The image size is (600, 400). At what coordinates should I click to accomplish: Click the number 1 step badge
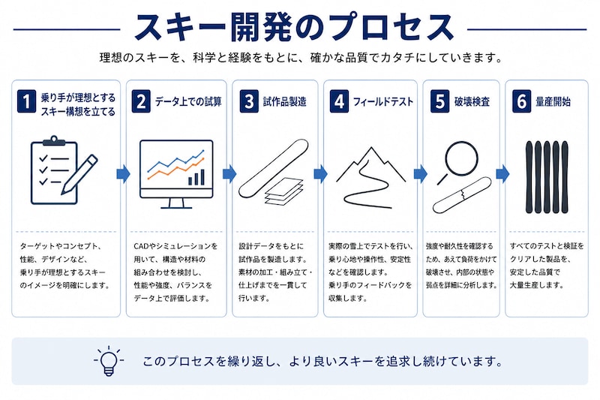click(26, 101)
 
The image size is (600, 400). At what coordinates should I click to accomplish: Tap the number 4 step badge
click(340, 101)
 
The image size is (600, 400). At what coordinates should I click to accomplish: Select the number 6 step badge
click(522, 101)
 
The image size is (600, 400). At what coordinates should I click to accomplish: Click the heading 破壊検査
click(472, 102)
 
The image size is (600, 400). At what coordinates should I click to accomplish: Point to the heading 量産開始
click(553, 102)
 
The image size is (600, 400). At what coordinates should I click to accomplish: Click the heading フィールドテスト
click(383, 102)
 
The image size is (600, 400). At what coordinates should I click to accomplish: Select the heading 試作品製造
click(285, 102)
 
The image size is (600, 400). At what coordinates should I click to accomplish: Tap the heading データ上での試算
click(188, 102)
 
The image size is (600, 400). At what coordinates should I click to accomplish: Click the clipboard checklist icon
click(54, 170)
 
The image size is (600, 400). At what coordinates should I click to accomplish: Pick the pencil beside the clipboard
click(79, 174)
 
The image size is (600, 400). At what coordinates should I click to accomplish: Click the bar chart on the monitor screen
click(196, 178)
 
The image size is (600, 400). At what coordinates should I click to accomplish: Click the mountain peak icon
click(370, 164)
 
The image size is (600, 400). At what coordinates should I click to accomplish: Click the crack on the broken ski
click(463, 194)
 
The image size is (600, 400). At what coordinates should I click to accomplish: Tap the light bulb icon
click(109, 361)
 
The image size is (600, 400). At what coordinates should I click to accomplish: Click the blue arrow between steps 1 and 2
click(123, 174)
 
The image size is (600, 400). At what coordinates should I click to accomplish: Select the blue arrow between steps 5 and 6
click(502, 174)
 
